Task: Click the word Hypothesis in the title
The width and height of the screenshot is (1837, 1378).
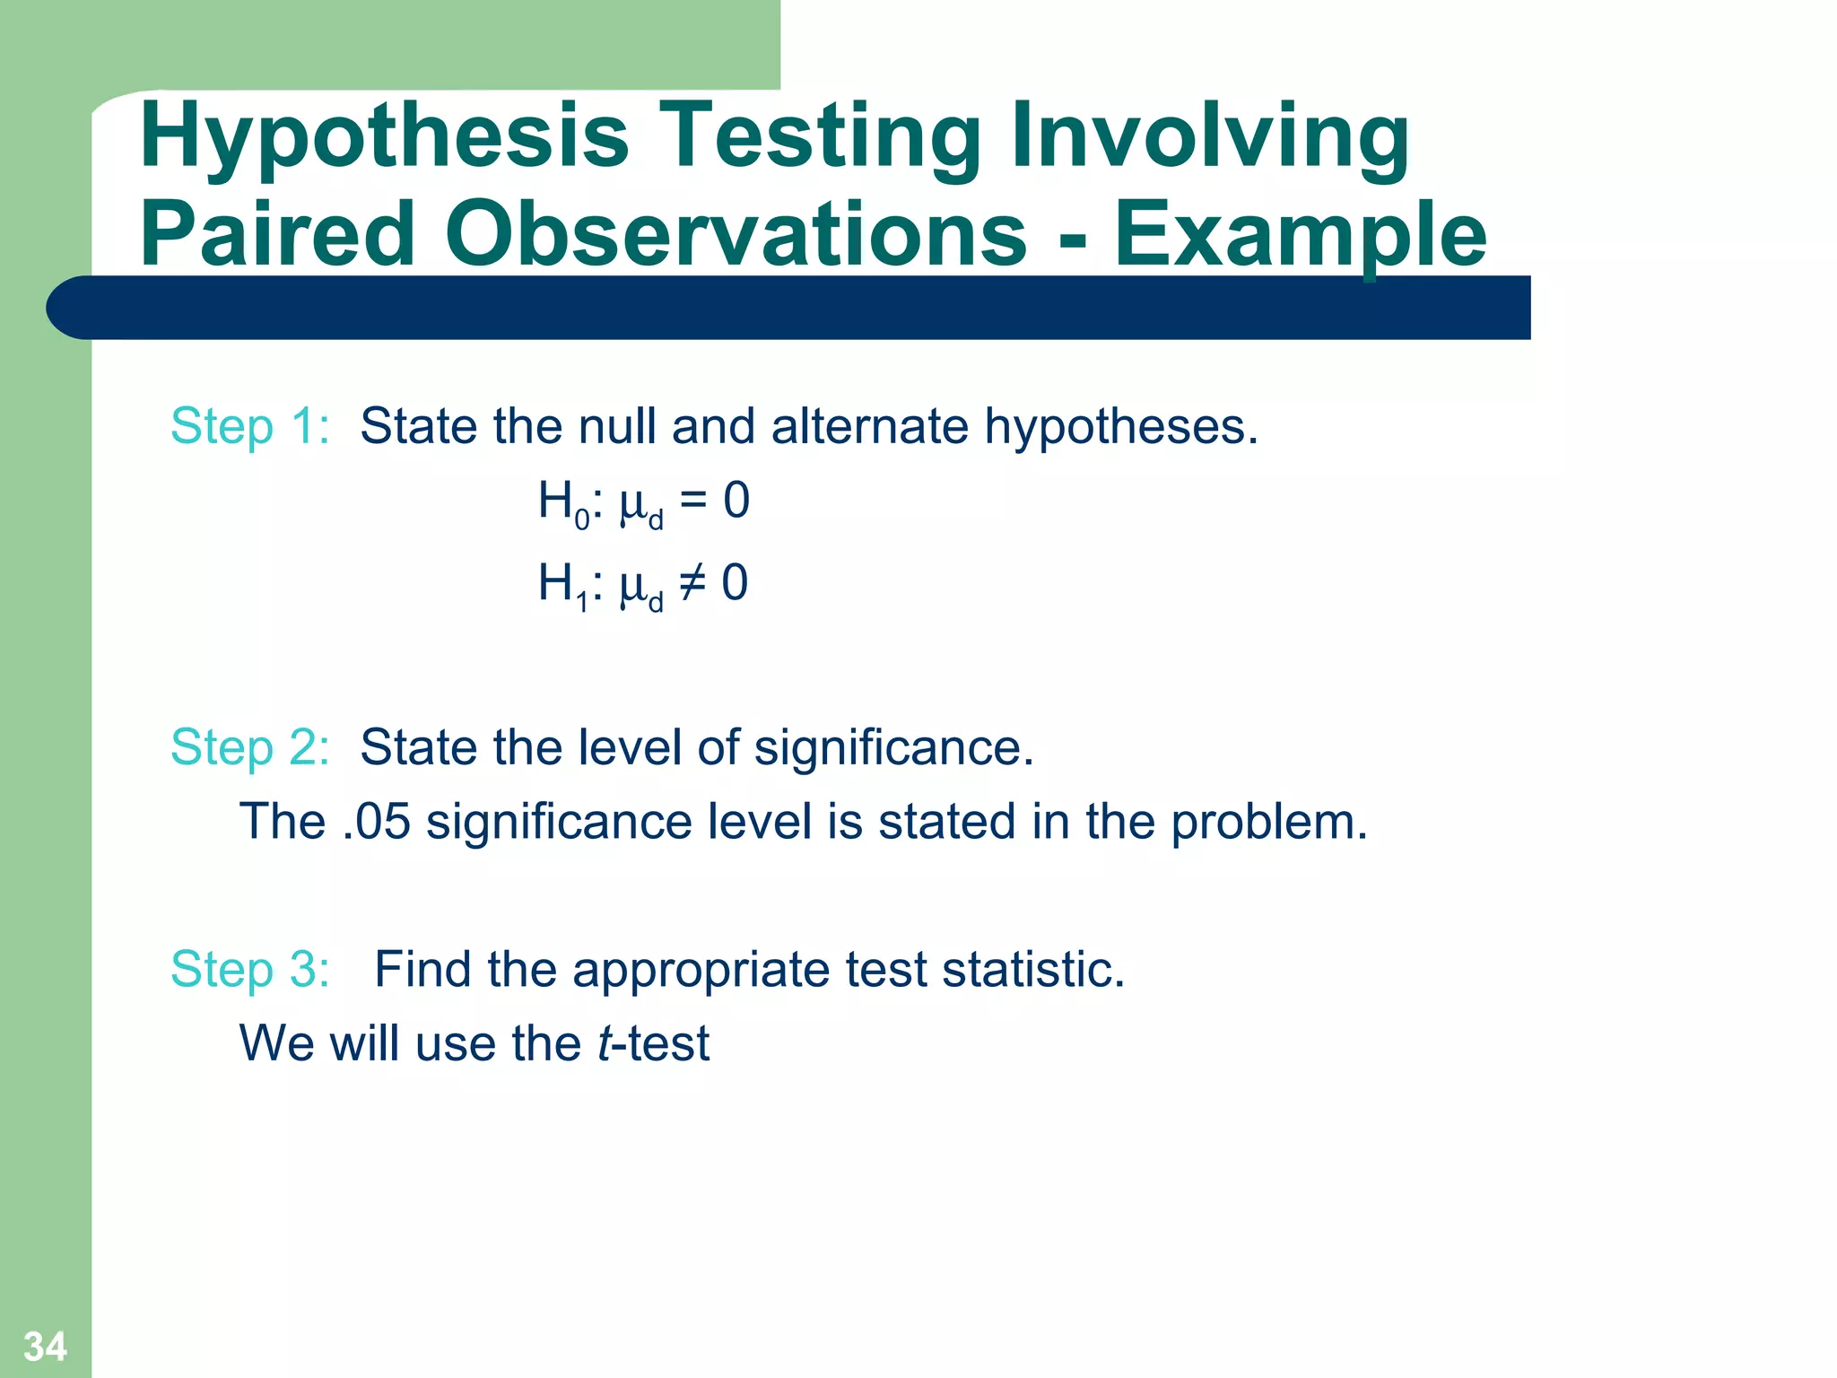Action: [x=384, y=136]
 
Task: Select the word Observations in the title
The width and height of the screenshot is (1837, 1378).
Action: [x=736, y=235]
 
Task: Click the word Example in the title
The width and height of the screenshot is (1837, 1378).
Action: [x=1300, y=235]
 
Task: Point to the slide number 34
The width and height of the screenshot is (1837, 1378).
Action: [x=45, y=1346]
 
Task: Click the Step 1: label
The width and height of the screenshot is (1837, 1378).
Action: [x=250, y=426]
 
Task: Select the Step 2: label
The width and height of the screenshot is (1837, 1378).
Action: [x=250, y=747]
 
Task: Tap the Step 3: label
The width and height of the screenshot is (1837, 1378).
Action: [x=250, y=970]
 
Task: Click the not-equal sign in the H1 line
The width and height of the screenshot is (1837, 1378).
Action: [x=692, y=583]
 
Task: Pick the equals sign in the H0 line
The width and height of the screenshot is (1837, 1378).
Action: [x=692, y=501]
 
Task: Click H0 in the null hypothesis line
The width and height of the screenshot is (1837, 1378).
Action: [x=562, y=502]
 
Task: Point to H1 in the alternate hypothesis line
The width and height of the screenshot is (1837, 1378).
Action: [x=562, y=585]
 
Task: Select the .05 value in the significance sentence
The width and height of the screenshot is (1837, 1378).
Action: [x=376, y=822]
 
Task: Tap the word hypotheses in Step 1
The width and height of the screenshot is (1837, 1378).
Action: [x=1121, y=426]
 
